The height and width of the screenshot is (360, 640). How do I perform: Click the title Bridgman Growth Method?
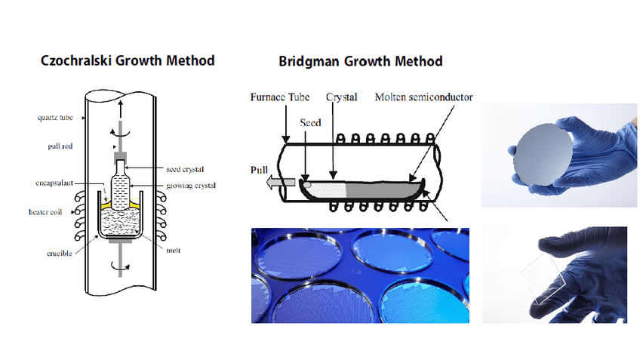click(361, 60)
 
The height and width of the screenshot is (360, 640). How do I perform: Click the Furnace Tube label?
click(279, 97)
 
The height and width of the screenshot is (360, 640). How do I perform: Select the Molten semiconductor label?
click(423, 97)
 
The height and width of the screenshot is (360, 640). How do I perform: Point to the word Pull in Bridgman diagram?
click(260, 170)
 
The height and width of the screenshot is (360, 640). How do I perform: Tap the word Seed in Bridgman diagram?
click(311, 122)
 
